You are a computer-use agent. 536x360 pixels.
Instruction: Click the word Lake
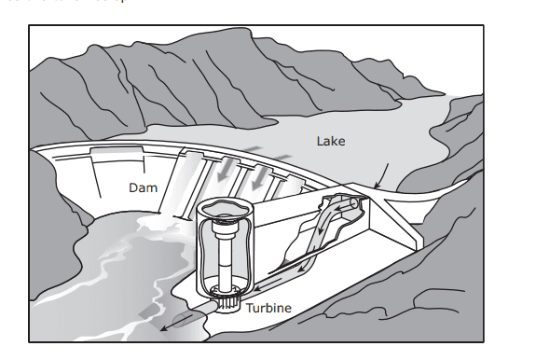pos(330,142)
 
